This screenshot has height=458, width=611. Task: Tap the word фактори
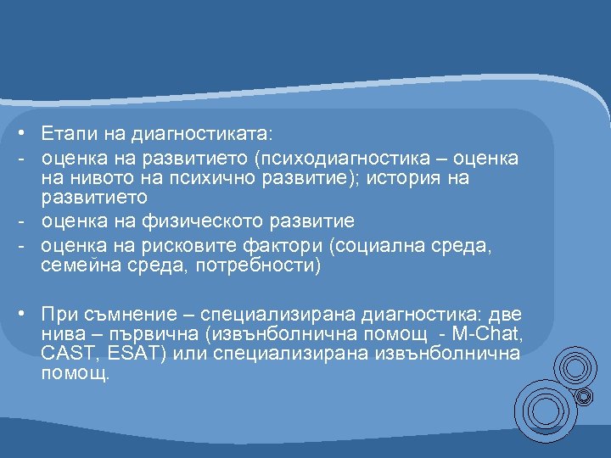[277, 246]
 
